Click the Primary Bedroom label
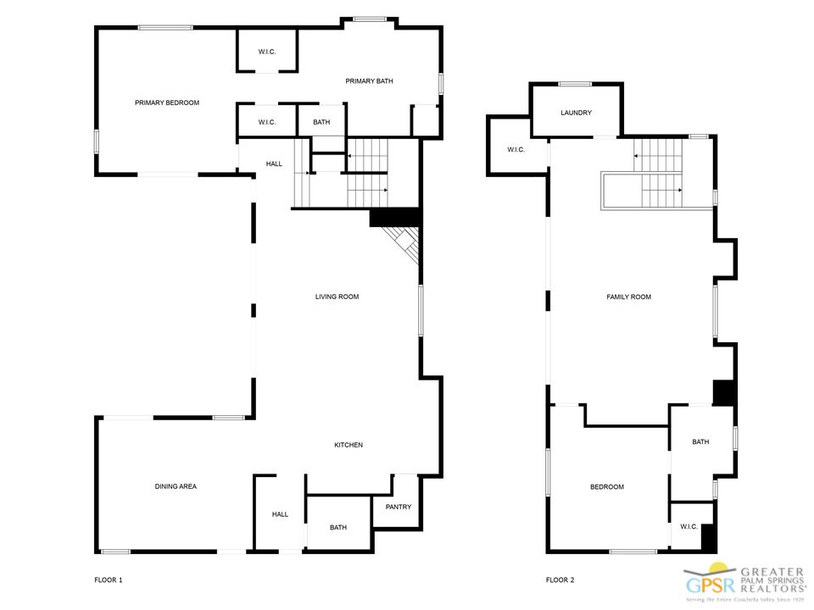(x=167, y=103)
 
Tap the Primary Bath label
(x=369, y=81)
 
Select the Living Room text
(x=337, y=297)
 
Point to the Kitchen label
(x=348, y=445)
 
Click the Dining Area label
(x=176, y=486)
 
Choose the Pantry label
(x=399, y=507)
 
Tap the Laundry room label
(x=577, y=113)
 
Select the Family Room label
(x=628, y=297)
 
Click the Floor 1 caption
(x=109, y=579)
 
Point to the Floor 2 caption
(x=560, y=579)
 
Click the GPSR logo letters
(x=711, y=585)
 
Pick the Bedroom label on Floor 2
(x=607, y=487)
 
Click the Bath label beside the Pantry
(x=338, y=528)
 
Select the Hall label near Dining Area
(x=280, y=514)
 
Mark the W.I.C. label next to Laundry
(x=516, y=150)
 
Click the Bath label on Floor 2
(x=700, y=442)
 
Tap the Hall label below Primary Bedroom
(x=274, y=164)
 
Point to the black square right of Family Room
(x=724, y=392)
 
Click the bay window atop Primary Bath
(x=369, y=20)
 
